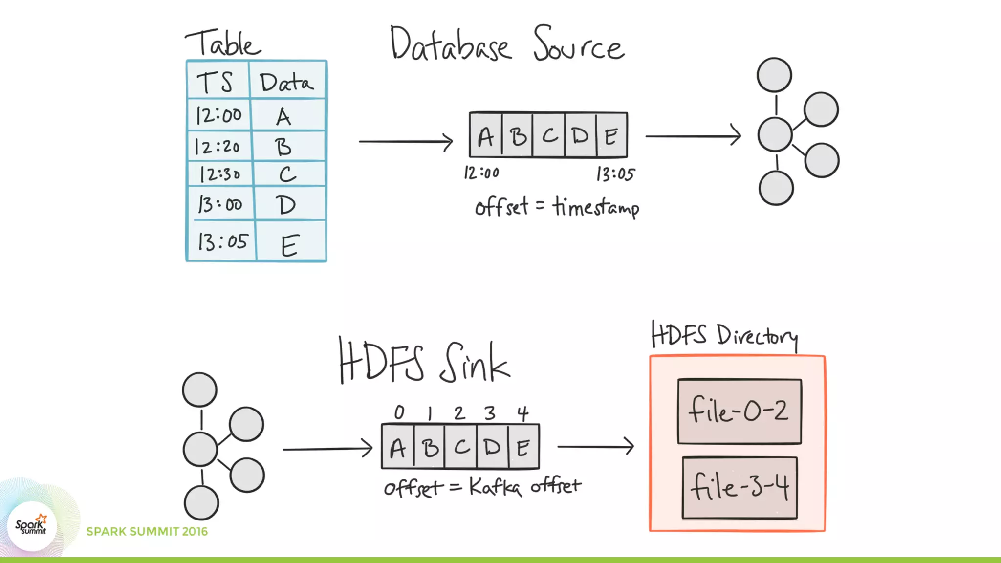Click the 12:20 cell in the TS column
[x=218, y=146]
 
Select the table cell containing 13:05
[x=223, y=241]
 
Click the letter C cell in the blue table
[x=287, y=174]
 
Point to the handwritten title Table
[x=223, y=43]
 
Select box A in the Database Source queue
[x=485, y=136]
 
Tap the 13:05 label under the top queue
[x=615, y=174]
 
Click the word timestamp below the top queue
[x=596, y=208]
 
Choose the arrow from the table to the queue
[x=406, y=142]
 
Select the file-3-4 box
[x=740, y=488]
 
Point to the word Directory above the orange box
[x=758, y=336]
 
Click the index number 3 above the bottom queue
[x=490, y=413]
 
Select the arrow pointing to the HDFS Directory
[x=595, y=446]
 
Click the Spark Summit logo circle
[x=32, y=526]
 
